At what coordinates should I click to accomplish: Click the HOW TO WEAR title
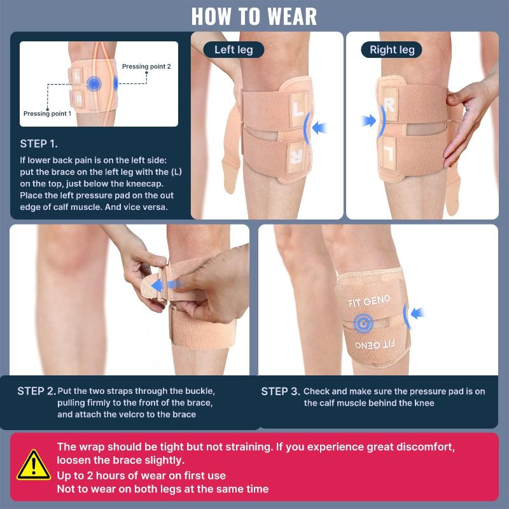click(254, 17)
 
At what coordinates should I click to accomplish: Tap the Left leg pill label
click(234, 50)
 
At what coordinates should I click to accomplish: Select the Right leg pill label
click(392, 50)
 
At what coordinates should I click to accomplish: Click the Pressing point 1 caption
click(47, 114)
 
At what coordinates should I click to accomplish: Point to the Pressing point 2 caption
click(146, 67)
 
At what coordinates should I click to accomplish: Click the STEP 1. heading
click(39, 144)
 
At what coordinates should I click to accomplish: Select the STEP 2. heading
click(37, 391)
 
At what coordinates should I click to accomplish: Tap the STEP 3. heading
click(281, 391)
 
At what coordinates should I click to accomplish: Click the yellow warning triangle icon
click(34, 465)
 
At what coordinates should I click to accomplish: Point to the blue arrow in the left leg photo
click(319, 128)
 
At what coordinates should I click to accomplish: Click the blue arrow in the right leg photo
click(369, 121)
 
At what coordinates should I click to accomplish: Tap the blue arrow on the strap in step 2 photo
click(165, 285)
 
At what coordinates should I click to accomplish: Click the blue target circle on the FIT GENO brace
click(363, 323)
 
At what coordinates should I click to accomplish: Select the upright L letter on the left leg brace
click(298, 109)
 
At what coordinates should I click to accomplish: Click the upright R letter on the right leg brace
click(389, 104)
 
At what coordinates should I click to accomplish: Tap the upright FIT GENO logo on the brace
click(369, 301)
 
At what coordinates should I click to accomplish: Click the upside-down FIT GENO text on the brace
click(375, 344)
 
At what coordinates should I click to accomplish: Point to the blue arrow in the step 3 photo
click(417, 313)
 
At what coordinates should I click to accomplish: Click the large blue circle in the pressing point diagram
click(94, 84)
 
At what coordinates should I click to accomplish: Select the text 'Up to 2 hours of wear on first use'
click(141, 475)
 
